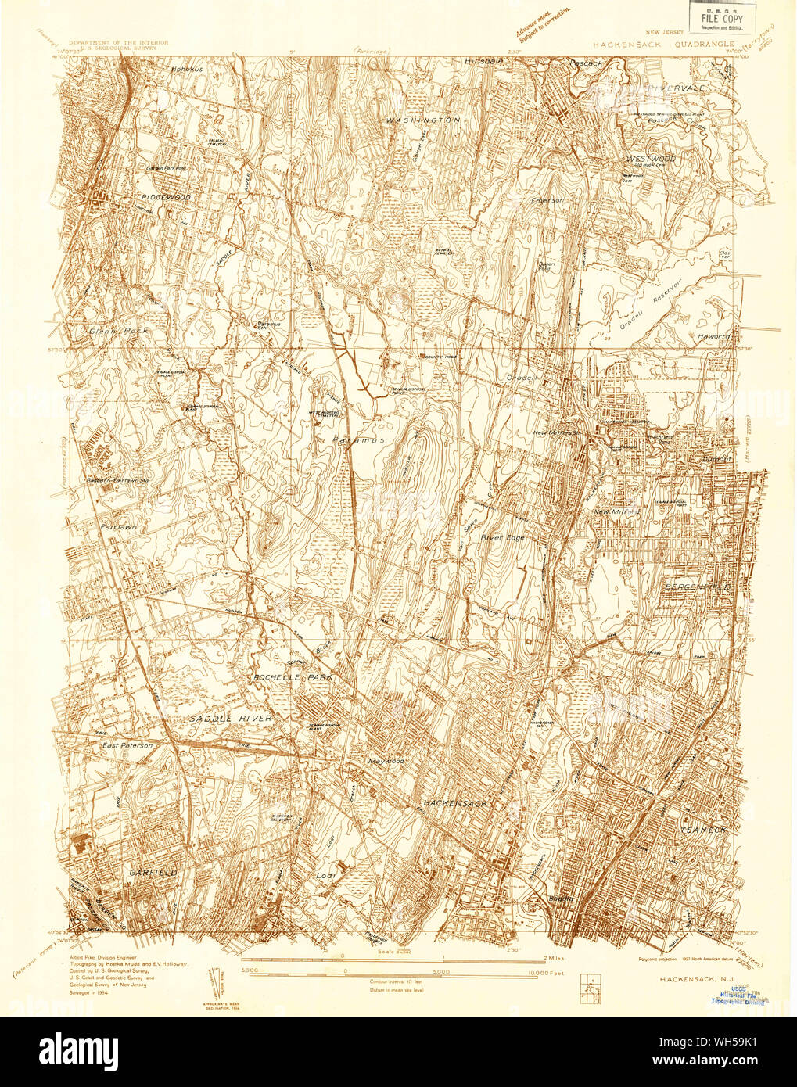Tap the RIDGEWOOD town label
pos(167,197)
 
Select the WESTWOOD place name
pos(651,159)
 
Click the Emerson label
pos(547,200)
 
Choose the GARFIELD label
pos(155,870)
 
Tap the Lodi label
pos(326,874)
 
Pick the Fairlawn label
pos(118,528)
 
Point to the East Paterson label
pos(127,746)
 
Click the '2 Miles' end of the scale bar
pos(555,956)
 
